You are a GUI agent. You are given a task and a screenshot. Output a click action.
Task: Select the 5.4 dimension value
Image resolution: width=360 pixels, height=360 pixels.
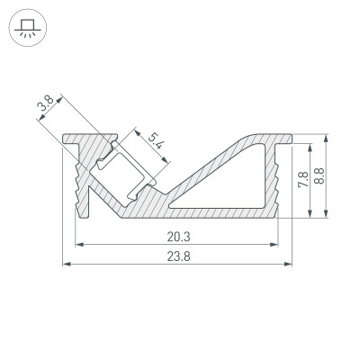pos(154,141)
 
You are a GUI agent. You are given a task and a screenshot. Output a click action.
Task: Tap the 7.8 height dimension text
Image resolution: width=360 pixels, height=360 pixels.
pos(303,179)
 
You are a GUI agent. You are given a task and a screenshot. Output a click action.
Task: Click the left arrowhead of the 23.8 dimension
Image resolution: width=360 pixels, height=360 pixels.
pos(66,265)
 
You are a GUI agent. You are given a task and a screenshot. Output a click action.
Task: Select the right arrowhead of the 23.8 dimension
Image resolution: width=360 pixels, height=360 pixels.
pos(292,265)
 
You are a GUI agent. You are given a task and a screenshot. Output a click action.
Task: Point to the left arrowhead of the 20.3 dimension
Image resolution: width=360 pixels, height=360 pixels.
pos(78,244)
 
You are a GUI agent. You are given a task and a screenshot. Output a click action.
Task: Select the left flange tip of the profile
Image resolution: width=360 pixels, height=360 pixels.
pos(67,139)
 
